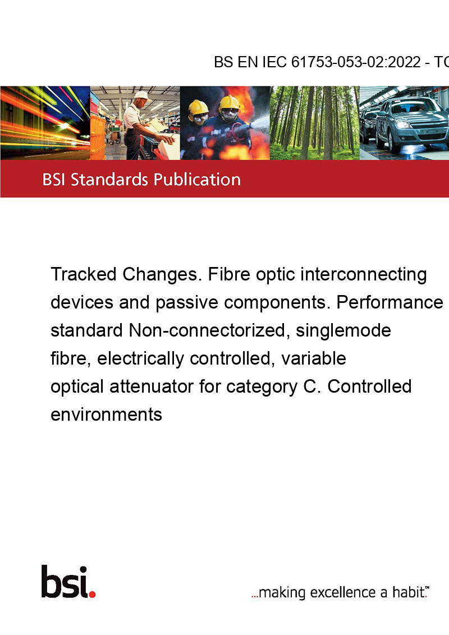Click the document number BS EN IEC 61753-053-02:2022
pos(317,62)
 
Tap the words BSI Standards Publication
pos(141,180)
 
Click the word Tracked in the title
pos(84,274)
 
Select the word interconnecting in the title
pos(364,274)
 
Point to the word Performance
pos(390,302)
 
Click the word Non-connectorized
pos(209,330)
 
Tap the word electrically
pos(140,359)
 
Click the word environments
pos(106,415)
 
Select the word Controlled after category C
pos(369,386)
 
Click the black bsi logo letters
pos(65,582)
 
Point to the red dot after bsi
pos(93,594)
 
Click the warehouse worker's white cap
pos(142,95)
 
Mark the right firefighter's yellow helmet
pos(230,102)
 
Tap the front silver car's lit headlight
pos(404,125)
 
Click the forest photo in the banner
pos(314,123)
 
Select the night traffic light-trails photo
pos(45,123)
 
